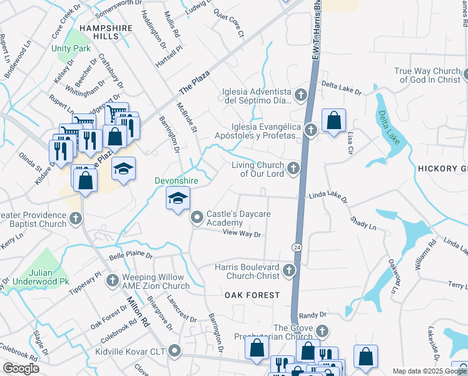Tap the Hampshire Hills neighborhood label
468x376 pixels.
[106, 33]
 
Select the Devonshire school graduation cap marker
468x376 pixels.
[178, 199]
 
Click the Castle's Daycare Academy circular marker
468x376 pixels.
[197, 217]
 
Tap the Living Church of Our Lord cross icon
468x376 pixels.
[293, 168]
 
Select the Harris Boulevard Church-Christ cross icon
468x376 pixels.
[288, 271]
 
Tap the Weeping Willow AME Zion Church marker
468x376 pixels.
[112, 280]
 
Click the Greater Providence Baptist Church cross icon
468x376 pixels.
[76, 219]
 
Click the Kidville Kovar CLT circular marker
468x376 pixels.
[175, 352]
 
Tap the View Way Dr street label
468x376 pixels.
[242, 234]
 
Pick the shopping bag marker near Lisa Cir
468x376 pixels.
[333, 120]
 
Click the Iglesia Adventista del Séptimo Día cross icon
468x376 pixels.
[301, 96]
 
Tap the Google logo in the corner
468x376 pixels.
[21, 368]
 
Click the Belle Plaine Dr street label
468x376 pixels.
[131, 256]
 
